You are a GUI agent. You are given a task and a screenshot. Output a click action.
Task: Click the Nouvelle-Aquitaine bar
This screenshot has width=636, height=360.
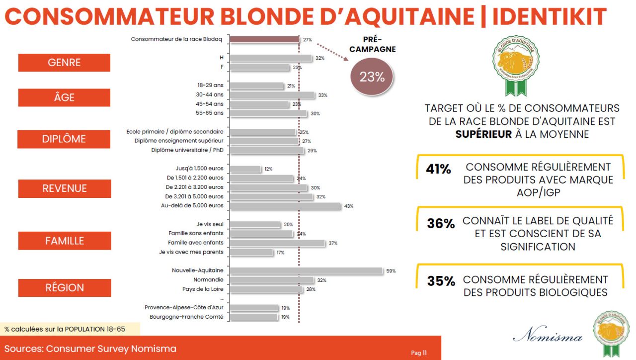(306, 270)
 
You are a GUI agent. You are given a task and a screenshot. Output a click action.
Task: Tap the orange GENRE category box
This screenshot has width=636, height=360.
(64, 63)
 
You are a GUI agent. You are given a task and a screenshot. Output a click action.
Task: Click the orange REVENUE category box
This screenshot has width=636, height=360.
(65, 188)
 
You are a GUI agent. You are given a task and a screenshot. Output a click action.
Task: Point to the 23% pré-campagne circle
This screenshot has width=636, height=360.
(372, 77)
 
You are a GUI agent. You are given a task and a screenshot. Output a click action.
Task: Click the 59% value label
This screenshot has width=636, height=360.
(391, 271)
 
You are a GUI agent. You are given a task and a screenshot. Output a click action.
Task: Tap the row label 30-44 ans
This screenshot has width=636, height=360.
(210, 94)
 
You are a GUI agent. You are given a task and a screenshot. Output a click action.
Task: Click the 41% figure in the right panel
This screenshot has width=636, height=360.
(438, 170)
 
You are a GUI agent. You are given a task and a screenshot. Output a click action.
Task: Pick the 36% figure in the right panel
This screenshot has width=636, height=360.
(441, 224)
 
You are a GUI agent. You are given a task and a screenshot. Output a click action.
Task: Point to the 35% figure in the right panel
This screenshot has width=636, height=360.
(441, 281)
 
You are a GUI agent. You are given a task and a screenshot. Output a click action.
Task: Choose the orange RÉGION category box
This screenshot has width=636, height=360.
(65, 287)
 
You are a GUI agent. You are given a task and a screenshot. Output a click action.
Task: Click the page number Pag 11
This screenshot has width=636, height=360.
(419, 353)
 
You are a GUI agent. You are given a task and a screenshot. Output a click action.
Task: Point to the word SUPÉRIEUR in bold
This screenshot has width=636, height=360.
(483, 134)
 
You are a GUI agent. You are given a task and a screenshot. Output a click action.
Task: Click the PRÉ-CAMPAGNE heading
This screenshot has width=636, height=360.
(372, 45)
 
